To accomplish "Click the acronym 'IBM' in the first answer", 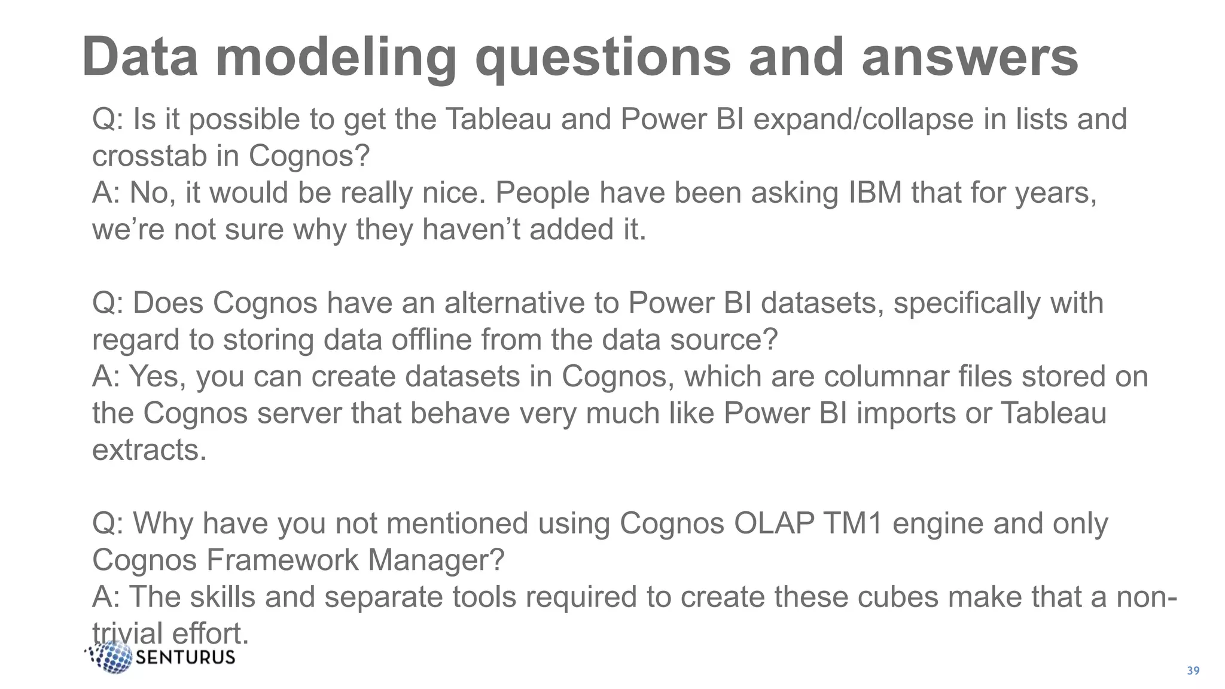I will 875,193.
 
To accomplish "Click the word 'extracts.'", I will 149,450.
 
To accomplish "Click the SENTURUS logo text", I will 185,658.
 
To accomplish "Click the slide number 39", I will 1193,671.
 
